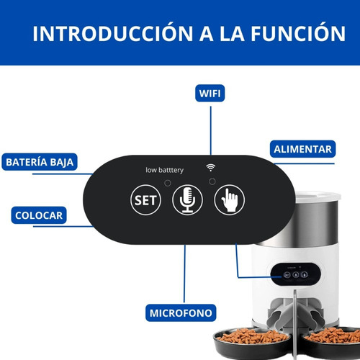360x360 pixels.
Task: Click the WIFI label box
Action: coord(210,93)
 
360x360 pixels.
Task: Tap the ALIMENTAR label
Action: coord(302,149)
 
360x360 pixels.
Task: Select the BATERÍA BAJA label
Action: coord(40,162)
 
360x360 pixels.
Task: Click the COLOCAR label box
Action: coord(39,215)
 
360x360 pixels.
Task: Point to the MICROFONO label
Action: coord(181,313)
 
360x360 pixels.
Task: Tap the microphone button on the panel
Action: coord(187,199)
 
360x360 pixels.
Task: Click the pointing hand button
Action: coord(230,199)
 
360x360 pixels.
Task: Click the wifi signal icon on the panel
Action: coord(211,168)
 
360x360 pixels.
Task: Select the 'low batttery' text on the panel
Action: coord(164,170)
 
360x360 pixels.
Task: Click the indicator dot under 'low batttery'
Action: coord(168,183)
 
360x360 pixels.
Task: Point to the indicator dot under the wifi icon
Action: coord(212,181)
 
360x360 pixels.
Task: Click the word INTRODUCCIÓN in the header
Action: coord(113,33)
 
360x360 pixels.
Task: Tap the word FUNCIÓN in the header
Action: coord(298,33)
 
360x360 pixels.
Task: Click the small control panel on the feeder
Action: coord(296,274)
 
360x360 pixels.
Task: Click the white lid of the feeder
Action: coord(318,197)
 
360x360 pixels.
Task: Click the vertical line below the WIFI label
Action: coord(211,130)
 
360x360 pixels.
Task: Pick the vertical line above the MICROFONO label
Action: coord(184,274)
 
